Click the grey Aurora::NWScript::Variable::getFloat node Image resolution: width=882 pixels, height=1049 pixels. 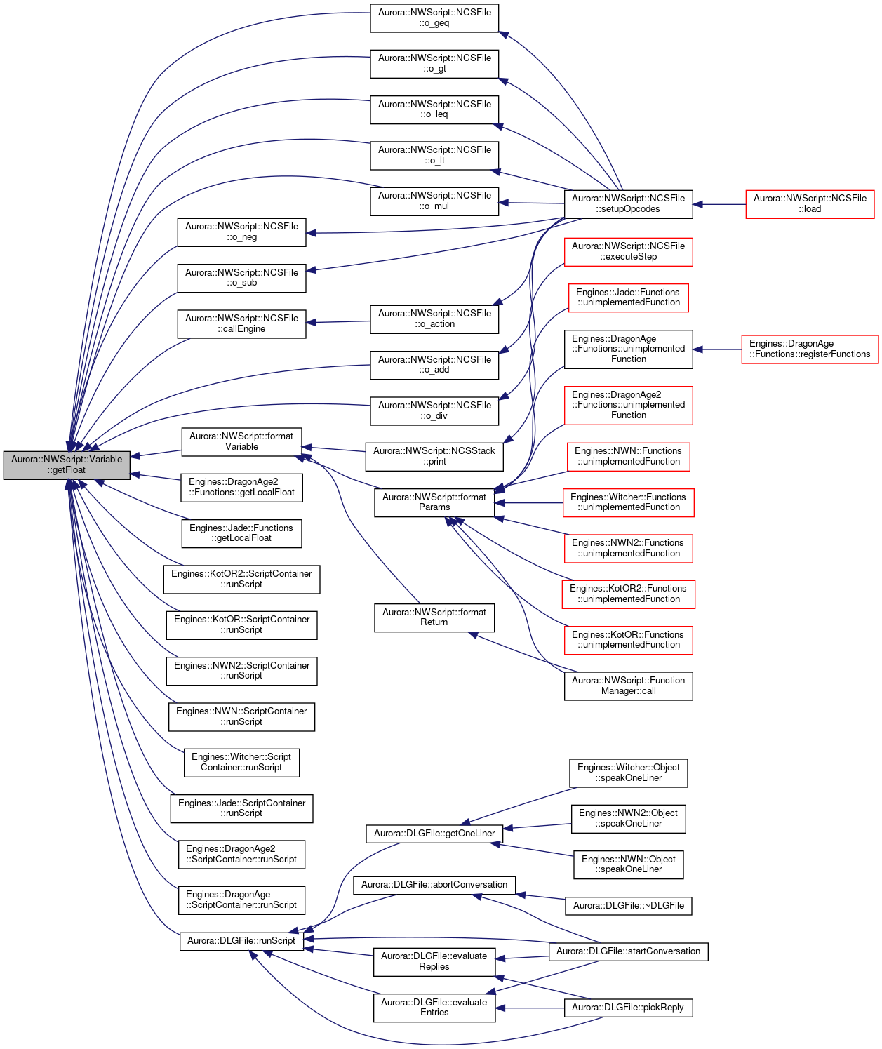point(67,465)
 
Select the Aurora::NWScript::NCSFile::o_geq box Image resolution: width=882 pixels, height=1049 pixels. point(434,18)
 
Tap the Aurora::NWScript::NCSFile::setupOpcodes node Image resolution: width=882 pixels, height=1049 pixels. point(628,204)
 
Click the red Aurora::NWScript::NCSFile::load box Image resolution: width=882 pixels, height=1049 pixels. point(810,204)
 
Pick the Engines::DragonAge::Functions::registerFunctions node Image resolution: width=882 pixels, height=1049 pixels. point(810,349)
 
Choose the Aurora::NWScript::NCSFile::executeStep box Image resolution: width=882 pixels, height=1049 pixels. point(628,252)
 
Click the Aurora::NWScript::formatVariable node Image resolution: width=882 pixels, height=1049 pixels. point(241,442)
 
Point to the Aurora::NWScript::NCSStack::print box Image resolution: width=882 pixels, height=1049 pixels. point(434,457)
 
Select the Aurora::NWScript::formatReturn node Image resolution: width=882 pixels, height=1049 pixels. point(434,618)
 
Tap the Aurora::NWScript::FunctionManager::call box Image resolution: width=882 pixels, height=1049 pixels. point(628,686)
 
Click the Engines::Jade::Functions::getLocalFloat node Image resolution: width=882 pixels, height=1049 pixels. point(241,533)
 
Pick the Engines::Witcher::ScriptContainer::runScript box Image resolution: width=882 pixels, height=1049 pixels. point(241,763)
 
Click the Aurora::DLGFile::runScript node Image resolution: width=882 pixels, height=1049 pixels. point(241,941)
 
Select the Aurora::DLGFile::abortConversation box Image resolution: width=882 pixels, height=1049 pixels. point(434,885)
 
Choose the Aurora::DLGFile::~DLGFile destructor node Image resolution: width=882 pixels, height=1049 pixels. point(628,906)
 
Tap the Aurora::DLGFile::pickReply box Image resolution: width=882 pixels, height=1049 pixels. point(628,1008)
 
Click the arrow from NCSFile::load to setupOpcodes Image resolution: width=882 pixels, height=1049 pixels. point(719,204)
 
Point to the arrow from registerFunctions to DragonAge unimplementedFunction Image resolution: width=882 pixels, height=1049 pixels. point(717,349)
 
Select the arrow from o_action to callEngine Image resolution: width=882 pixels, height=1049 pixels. point(338,322)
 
